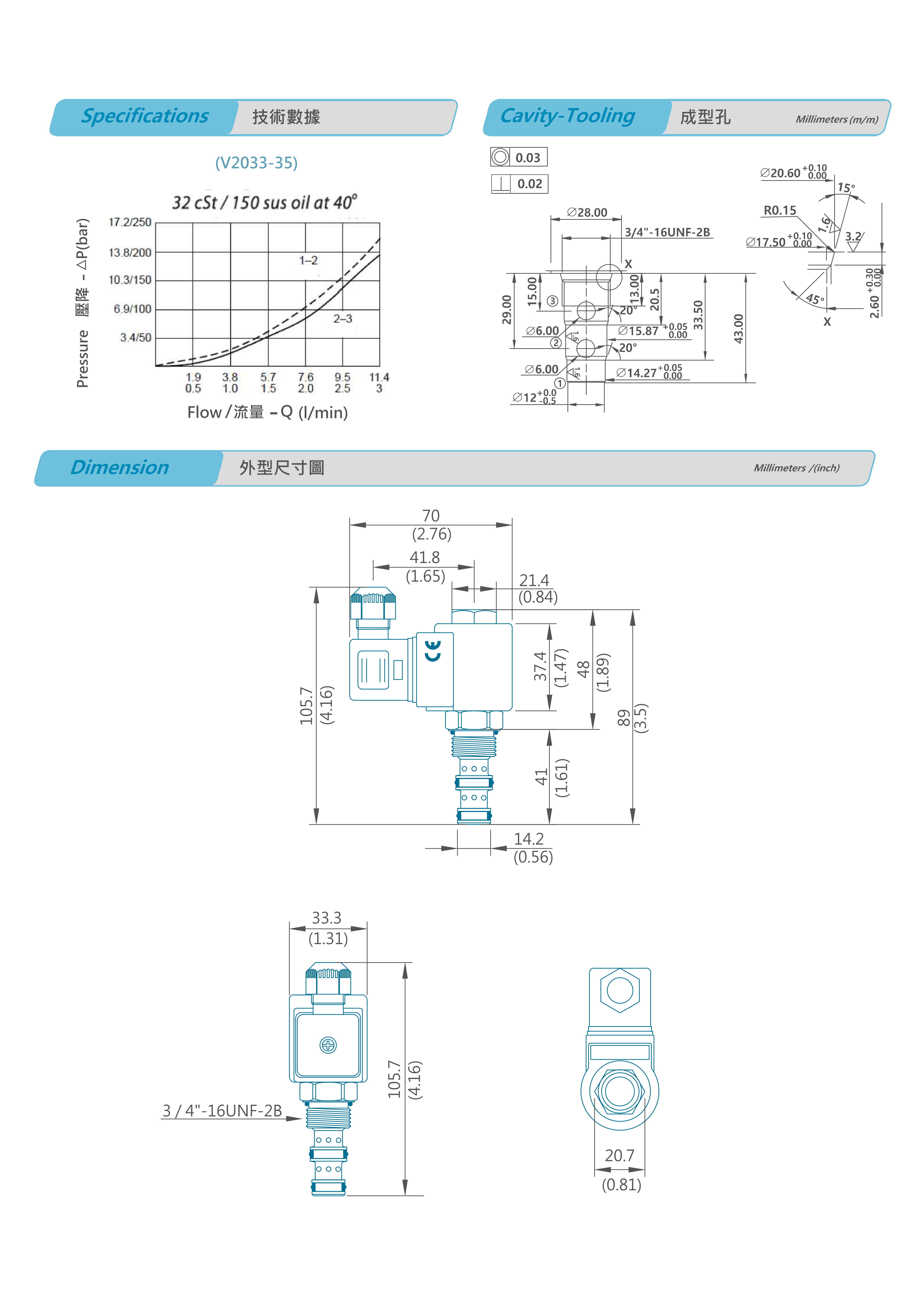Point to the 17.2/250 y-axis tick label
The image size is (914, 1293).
(130, 222)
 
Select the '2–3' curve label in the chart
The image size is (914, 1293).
(342, 319)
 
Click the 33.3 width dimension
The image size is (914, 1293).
(327, 918)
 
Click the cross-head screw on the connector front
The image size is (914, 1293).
(328, 1045)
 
